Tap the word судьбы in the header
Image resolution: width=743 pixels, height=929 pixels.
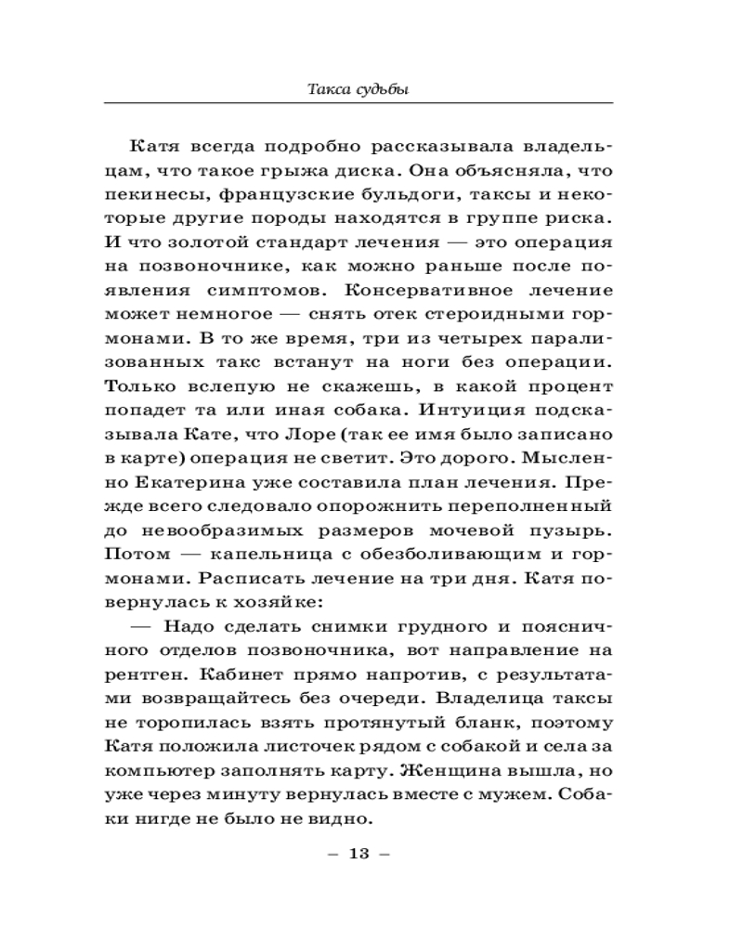[383, 90]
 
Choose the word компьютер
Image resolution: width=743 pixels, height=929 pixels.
[161, 771]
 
